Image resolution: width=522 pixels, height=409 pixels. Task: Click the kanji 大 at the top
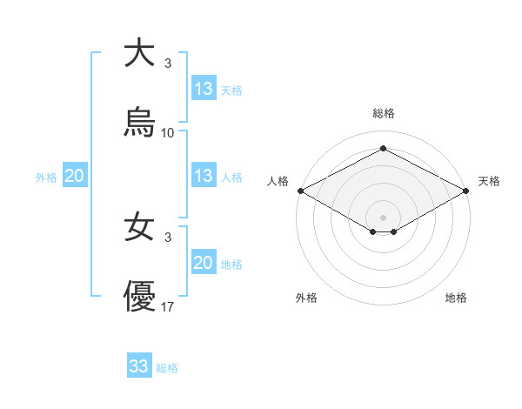(139, 53)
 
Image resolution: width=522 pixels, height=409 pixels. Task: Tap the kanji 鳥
(139, 123)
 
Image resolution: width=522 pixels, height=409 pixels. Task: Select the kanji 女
(139, 228)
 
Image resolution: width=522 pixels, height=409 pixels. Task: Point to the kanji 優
(139, 298)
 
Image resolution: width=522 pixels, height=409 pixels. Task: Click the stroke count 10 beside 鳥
(168, 133)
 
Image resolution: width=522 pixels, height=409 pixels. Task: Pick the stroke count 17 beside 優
(168, 308)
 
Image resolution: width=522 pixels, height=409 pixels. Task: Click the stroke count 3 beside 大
(168, 63)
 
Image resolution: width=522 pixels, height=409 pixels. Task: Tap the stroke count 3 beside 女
(168, 238)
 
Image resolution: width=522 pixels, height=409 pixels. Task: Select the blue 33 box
(139, 366)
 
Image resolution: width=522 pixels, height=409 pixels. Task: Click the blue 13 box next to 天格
(203, 89)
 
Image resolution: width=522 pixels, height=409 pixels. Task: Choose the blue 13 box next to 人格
(203, 176)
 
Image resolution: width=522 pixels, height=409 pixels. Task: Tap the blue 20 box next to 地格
(203, 264)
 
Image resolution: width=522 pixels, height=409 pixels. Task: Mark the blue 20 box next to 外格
(74, 176)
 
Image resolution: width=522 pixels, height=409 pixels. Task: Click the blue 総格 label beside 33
(167, 368)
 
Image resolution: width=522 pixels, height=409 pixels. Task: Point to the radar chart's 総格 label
(383, 113)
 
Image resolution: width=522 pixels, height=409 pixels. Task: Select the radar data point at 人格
(299, 191)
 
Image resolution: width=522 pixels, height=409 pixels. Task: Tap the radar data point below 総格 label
(383, 149)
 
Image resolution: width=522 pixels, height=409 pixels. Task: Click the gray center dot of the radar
(383, 217)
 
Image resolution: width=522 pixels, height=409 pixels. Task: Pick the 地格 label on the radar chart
(456, 298)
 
